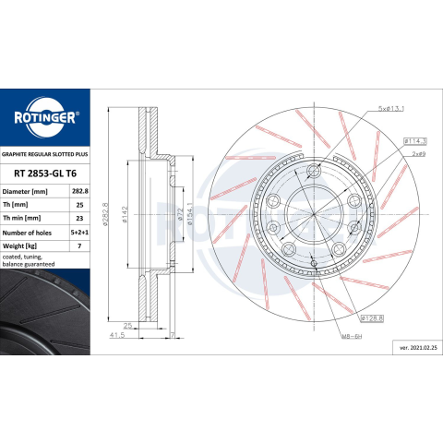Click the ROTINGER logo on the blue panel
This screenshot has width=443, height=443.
point(45,117)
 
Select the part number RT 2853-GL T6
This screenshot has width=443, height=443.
point(45,174)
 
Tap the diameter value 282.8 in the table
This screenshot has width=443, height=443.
point(80,191)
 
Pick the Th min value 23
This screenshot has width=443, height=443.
point(79,218)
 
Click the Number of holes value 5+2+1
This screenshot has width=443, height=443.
point(79,233)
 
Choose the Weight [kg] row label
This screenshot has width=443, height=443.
point(19,246)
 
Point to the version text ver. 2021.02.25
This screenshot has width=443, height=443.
point(418,348)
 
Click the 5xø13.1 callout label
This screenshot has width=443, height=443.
point(391,109)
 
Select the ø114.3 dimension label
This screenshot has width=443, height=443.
point(415,141)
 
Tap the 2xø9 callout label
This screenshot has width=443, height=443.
point(419,154)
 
